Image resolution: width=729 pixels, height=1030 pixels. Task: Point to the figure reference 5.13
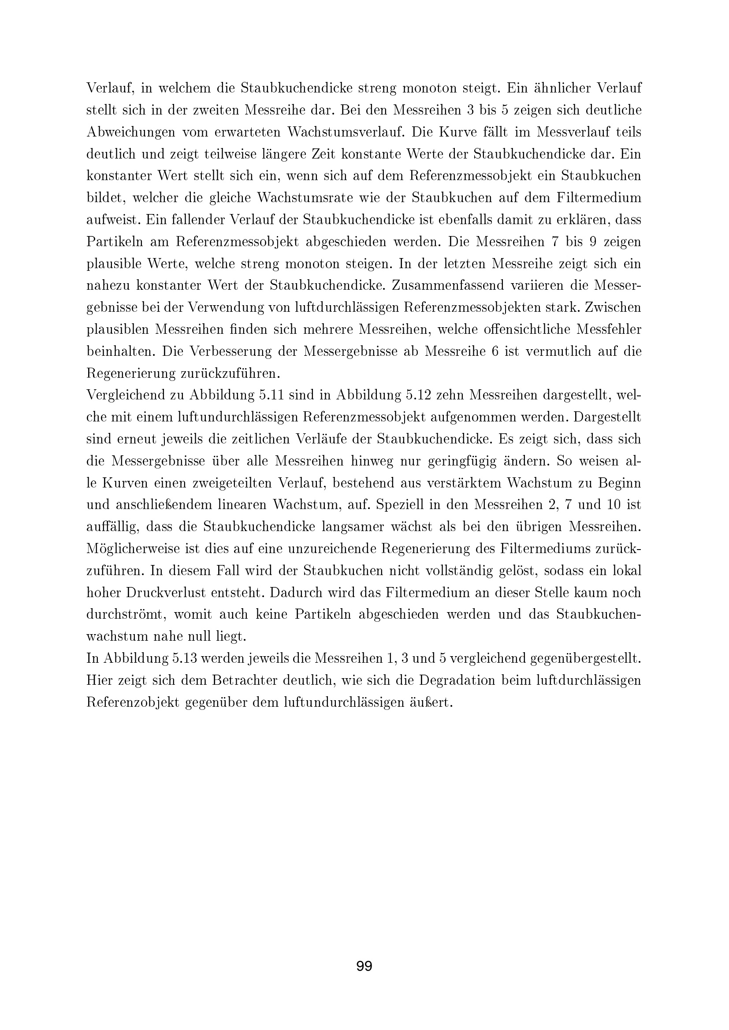[x=184, y=658]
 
